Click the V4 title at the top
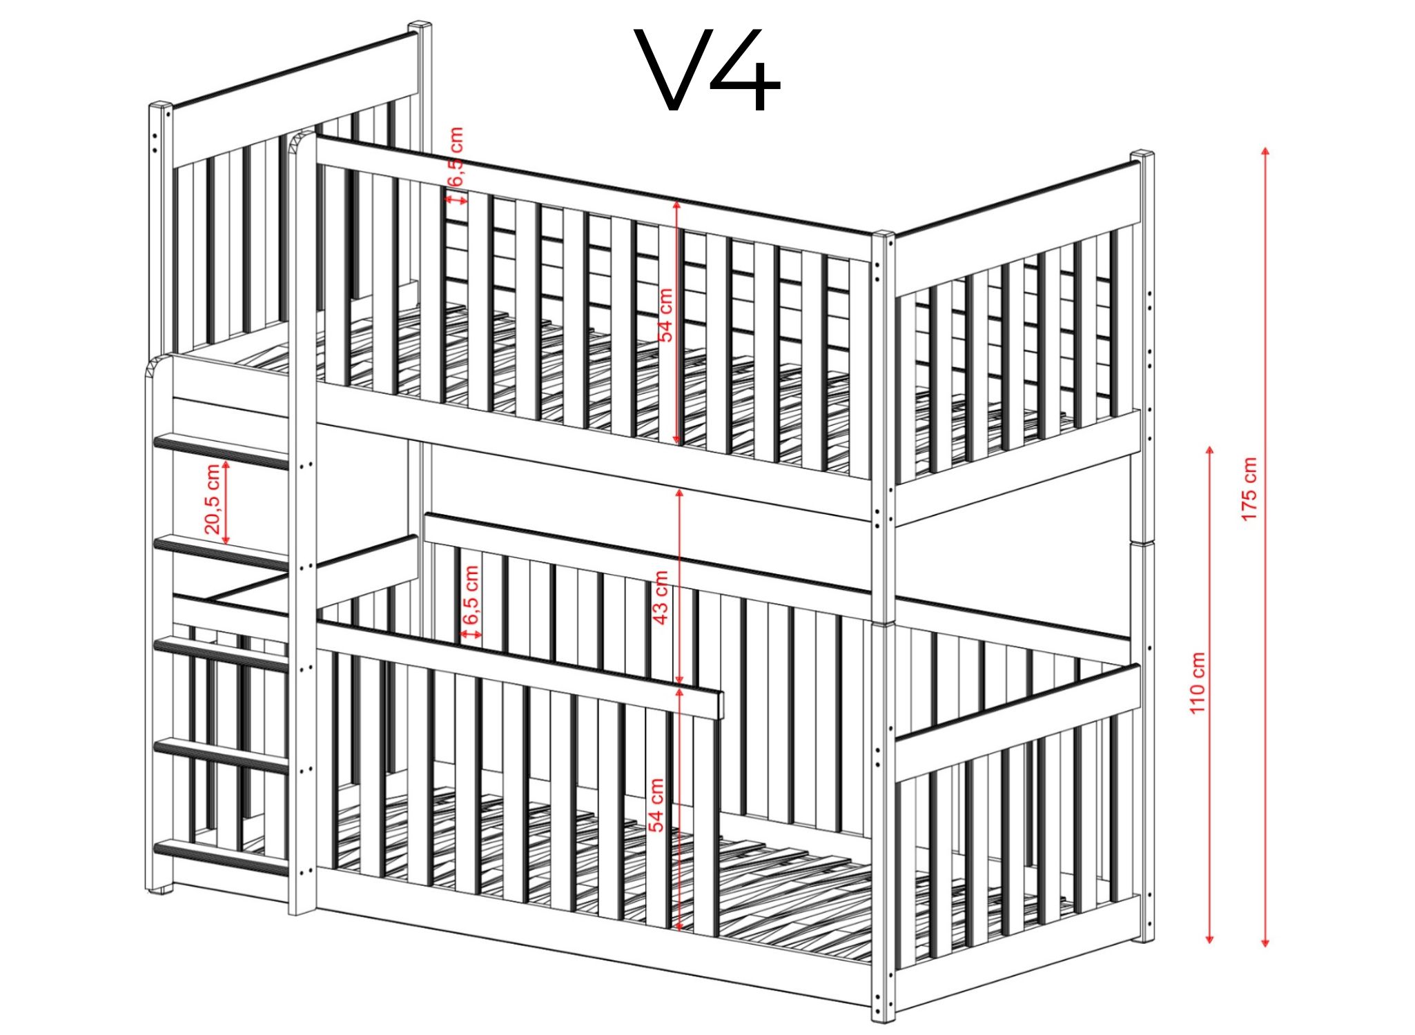coord(711,70)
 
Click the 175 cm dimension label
coord(1250,489)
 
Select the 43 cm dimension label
coord(660,598)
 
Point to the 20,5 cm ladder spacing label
coord(213,500)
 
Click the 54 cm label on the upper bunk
coord(665,315)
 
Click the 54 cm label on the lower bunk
coord(656,805)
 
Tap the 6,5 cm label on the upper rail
coord(456,157)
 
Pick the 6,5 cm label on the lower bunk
coord(471,595)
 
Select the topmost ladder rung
coord(221,451)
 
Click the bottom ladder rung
coord(221,858)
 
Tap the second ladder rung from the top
coord(221,553)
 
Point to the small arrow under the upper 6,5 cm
coord(456,199)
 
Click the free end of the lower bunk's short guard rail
coord(719,704)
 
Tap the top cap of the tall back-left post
coord(420,28)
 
